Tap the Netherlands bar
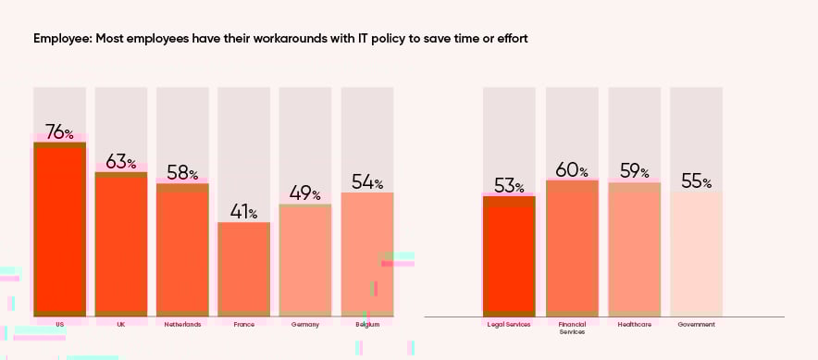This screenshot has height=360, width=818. [x=182, y=249]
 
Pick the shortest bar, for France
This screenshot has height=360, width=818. [x=243, y=268]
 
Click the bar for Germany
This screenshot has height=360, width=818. [x=305, y=259]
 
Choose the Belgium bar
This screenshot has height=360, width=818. [x=367, y=254]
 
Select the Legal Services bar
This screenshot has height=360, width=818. [x=509, y=255]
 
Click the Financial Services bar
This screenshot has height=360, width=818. [x=572, y=247]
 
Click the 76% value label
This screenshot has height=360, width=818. [x=59, y=132]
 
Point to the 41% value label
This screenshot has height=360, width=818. [x=243, y=212]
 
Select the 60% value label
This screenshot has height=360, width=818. [x=572, y=169]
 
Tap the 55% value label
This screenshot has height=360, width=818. [x=696, y=181]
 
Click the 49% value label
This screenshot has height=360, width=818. [x=305, y=193]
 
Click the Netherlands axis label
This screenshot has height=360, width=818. [x=182, y=325]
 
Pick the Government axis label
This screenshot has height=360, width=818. [x=696, y=325]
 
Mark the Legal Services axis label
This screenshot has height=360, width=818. [x=509, y=325]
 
